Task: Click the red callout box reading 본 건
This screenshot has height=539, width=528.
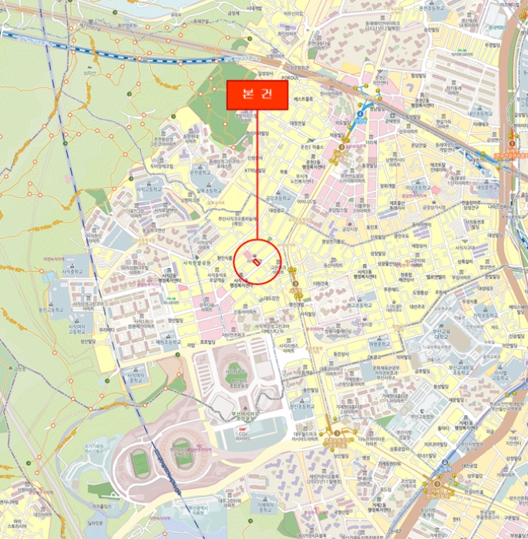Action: click(x=256, y=95)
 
